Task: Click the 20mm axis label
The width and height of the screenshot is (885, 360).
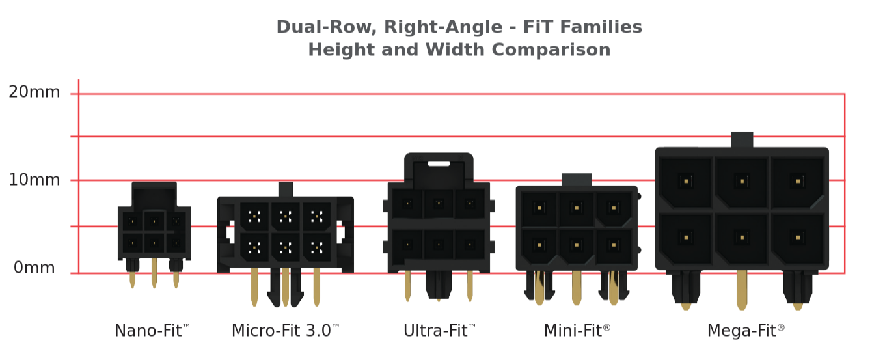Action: click(34, 92)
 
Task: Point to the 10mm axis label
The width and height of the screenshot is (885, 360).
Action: click(34, 180)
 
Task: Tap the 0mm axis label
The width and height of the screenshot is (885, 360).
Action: click(34, 268)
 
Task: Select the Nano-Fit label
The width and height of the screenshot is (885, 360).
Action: click(152, 331)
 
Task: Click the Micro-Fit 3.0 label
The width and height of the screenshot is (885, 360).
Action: click(286, 331)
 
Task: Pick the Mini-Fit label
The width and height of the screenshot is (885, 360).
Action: click(577, 331)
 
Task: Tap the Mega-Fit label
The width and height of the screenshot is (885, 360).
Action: click(746, 331)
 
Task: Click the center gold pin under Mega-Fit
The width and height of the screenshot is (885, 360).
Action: click(742, 290)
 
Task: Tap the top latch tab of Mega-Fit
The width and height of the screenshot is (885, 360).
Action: click(742, 139)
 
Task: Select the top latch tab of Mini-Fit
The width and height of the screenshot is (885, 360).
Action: click(577, 180)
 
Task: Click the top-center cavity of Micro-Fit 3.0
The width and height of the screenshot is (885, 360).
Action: click(285, 216)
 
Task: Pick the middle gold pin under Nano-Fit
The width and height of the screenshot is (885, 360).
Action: click(154, 272)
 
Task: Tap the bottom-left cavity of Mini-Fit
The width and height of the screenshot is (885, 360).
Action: click(539, 245)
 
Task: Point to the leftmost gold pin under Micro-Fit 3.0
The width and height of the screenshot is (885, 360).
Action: click(254, 286)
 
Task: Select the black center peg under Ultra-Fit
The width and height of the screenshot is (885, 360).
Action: click(439, 284)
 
